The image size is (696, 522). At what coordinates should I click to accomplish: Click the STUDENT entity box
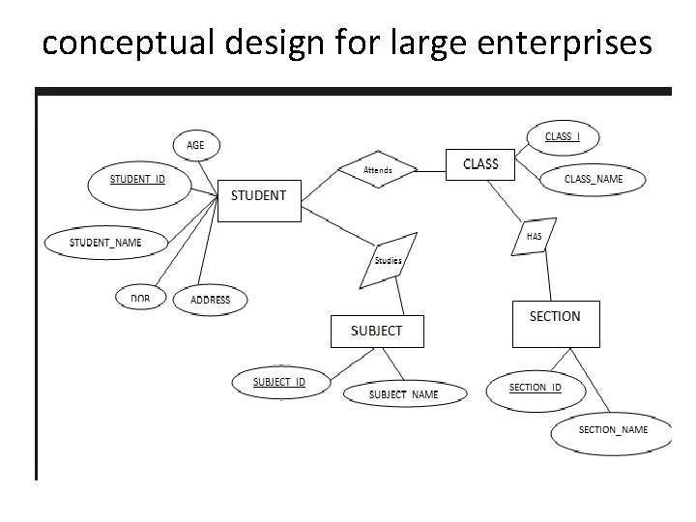(x=258, y=199)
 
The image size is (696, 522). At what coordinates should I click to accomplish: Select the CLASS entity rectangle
(x=479, y=164)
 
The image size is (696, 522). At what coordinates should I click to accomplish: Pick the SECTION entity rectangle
(x=555, y=323)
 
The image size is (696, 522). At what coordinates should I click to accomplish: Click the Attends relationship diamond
(x=378, y=170)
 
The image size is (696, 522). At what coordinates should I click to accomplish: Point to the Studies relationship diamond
(x=388, y=260)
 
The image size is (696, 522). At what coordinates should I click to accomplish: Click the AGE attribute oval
(x=196, y=146)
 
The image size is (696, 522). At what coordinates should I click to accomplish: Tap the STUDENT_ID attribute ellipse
(x=138, y=181)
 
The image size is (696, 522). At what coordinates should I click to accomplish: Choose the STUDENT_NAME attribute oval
(x=106, y=242)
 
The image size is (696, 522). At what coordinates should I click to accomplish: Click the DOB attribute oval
(x=141, y=299)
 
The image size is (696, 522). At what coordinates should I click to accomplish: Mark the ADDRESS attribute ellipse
(x=210, y=300)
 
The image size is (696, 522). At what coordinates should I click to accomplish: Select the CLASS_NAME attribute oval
(x=593, y=179)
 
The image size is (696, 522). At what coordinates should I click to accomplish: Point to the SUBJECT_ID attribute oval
(x=279, y=382)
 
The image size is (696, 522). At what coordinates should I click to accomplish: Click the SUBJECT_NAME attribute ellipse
(x=404, y=393)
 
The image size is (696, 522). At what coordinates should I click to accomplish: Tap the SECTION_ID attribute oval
(x=535, y=388)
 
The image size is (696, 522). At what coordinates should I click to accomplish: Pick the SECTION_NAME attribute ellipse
(x=612, y=429)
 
